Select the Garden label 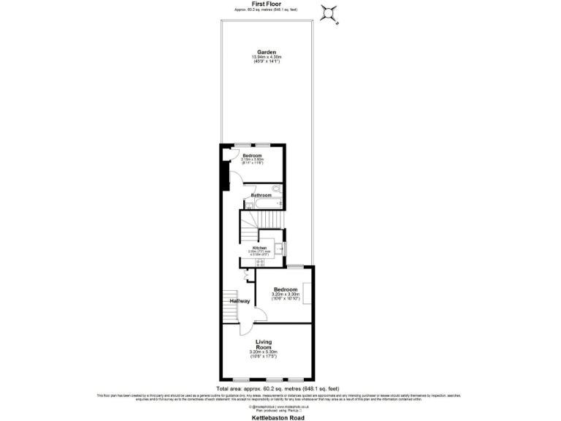click(266, 52)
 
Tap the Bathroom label click(261, 195)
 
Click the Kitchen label click(259, 248)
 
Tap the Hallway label click(240, 301)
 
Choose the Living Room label click(264, 344)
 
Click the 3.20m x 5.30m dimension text click(264, 353)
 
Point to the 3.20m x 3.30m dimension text click(286, 295)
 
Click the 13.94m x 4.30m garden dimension click(266, 57)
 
